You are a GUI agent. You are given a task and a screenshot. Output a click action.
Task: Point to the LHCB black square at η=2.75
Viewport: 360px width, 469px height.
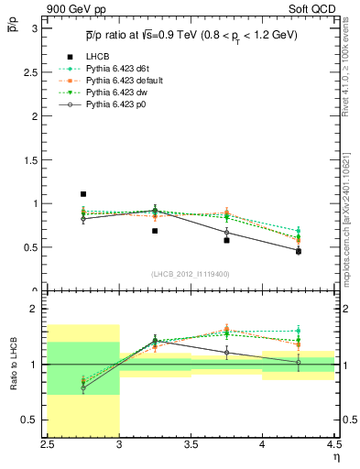[x=82, y=194]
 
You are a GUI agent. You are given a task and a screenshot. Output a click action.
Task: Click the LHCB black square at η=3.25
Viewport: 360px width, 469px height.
[x=155, y=231]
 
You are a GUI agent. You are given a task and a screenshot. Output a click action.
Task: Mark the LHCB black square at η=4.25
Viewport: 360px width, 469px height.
[x=298, y=251]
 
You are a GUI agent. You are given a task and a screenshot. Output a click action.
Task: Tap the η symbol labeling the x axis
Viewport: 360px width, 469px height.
[x=336, y=456]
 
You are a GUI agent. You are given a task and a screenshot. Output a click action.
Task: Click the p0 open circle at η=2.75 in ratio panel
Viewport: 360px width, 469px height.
[x=82, y=387]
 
